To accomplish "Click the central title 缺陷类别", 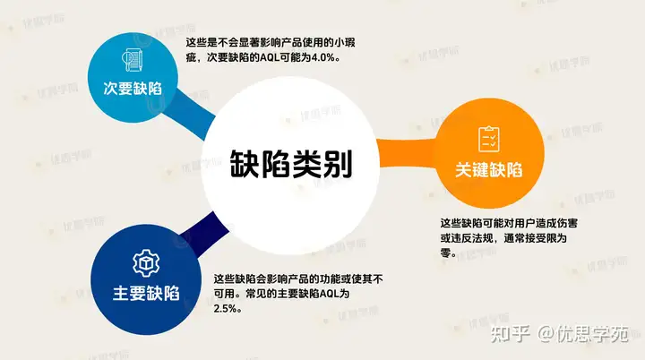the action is (x=291, y=164).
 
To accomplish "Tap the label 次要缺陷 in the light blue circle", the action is (x=133, y=89).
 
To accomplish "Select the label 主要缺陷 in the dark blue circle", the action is (x=146, y=294).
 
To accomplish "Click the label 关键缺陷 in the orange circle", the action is (x=489, y=170).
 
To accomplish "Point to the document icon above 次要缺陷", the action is (x=133, y=60).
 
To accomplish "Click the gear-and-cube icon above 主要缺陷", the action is (x=146, y=263).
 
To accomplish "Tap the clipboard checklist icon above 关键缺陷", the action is (x=489, y=139).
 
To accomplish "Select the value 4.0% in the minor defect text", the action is (x=322, y=57).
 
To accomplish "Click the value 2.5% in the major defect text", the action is (x=225, y=309).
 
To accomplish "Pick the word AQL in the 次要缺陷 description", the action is (x=270, y=57).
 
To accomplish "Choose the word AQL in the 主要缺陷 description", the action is (x=329, y=294).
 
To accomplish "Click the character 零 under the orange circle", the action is (x=445, y=253).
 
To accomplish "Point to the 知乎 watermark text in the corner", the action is (x=510, y=334).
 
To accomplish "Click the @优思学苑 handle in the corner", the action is (x=583, y=334).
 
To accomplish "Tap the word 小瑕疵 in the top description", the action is (x=340, y=43).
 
